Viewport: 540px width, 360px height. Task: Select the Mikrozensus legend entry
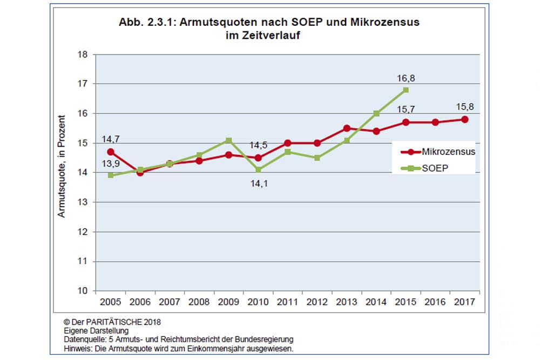448,152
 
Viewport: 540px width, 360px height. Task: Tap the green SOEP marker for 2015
406,90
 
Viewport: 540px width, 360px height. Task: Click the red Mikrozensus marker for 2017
464,119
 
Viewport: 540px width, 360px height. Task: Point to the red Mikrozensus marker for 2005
111,152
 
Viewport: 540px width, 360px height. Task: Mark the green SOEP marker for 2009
228,140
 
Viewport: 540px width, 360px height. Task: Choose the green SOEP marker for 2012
317,158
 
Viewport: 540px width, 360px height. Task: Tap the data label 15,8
464,107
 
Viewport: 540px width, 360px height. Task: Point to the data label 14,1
258,183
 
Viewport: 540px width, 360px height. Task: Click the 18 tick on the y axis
83,55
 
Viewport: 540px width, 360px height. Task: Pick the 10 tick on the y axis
83,291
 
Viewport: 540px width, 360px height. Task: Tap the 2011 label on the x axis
287,302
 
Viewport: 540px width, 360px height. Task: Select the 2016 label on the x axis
435,302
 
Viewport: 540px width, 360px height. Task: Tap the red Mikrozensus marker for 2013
347,128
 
